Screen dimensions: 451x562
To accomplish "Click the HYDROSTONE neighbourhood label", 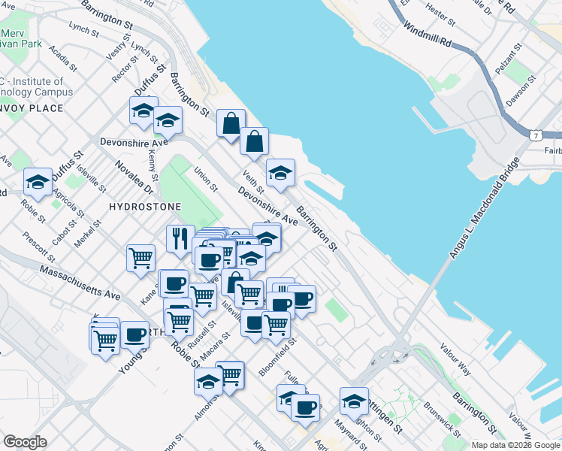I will pyautogui.click(x=142, y=206).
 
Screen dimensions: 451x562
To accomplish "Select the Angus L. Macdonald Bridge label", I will pyautogui.click(x=486, y=210).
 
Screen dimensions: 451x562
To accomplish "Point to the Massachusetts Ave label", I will pyautogui.click(x=80, y=281).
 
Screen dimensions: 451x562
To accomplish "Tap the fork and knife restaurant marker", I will pyautogui.click(x=180, y=238).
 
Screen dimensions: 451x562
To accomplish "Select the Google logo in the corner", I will pyautogui.click(x=25, y=442).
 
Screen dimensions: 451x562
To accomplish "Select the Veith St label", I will pyautogui.click(x=253, y=180).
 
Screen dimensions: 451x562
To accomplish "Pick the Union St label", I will pyautogui.click(x=206, y=178).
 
